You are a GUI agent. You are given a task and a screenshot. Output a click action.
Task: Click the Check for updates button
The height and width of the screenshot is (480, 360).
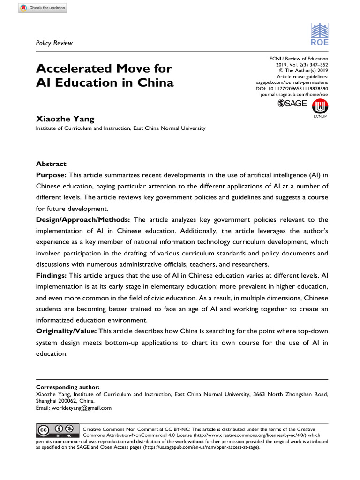point(42,8)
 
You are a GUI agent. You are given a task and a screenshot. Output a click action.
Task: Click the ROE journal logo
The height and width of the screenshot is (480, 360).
point(320,34)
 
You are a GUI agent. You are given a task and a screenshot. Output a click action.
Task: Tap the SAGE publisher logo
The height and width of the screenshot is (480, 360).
point(292,104)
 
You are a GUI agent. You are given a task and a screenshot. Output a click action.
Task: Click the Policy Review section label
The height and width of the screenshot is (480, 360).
point(54,43)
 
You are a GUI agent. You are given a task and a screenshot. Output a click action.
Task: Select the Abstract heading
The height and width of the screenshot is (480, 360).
point(51,164)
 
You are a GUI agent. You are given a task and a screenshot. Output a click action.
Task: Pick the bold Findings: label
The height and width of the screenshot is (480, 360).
point(52,276)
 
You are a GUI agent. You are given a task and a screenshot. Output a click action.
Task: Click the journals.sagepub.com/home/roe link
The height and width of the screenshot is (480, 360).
point(294,94)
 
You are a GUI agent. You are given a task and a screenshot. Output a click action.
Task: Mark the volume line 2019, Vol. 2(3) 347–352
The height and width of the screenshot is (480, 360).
point(302,64)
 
